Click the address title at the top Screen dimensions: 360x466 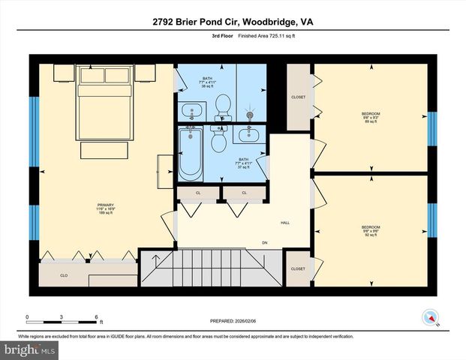[x=233, y=22]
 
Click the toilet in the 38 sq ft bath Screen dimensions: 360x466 [x=223, y=106]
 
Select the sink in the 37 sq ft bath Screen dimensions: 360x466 [x=248, y=135]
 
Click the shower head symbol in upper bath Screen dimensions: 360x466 [x=250, y=115]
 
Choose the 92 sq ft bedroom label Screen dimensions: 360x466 [x=371, y=229]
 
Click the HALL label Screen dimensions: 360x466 [x=285, y=223]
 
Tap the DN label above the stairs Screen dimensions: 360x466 [x=265, y=242]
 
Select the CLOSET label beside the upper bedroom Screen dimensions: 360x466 [x=298, y=97]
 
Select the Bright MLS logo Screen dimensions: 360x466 [x=29, y=349]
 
